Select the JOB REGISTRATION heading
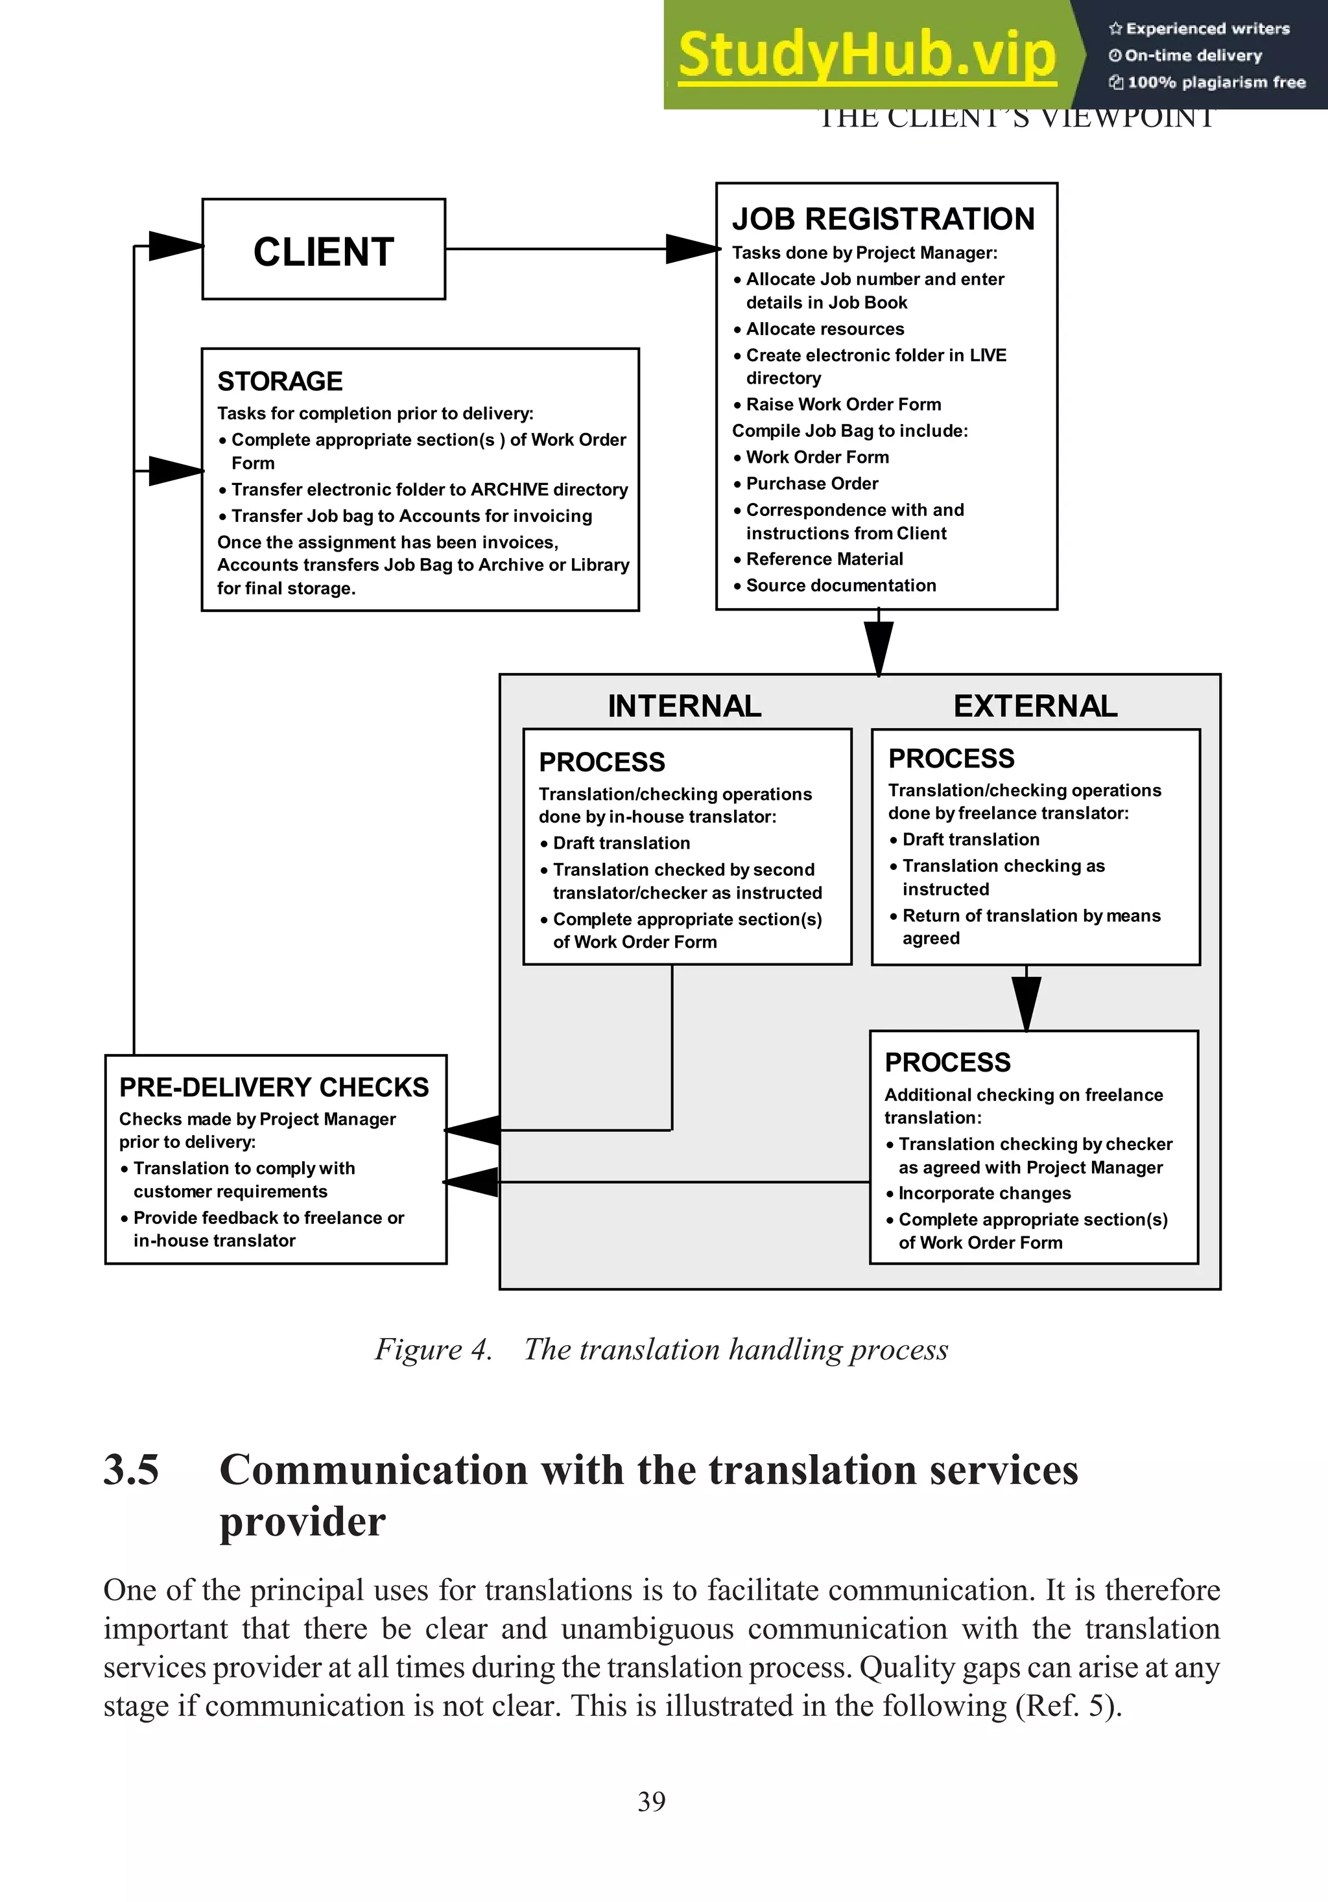tap(883, 218)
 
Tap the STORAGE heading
tap(279, 381)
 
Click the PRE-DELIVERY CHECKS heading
tap(274, 1087)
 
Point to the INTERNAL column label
tap(684, 706)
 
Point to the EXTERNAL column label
tap(1035, 706)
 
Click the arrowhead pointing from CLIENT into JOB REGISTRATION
tap(693, 248)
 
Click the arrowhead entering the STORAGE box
tap(175, 471)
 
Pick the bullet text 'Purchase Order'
tap(812, 484)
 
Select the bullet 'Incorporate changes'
tap(984, 1193)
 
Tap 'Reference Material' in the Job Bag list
tap(824, 559)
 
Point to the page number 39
tap(652, 1801)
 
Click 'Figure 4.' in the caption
tap(433, 1350)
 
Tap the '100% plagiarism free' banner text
tap(1215, 82)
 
